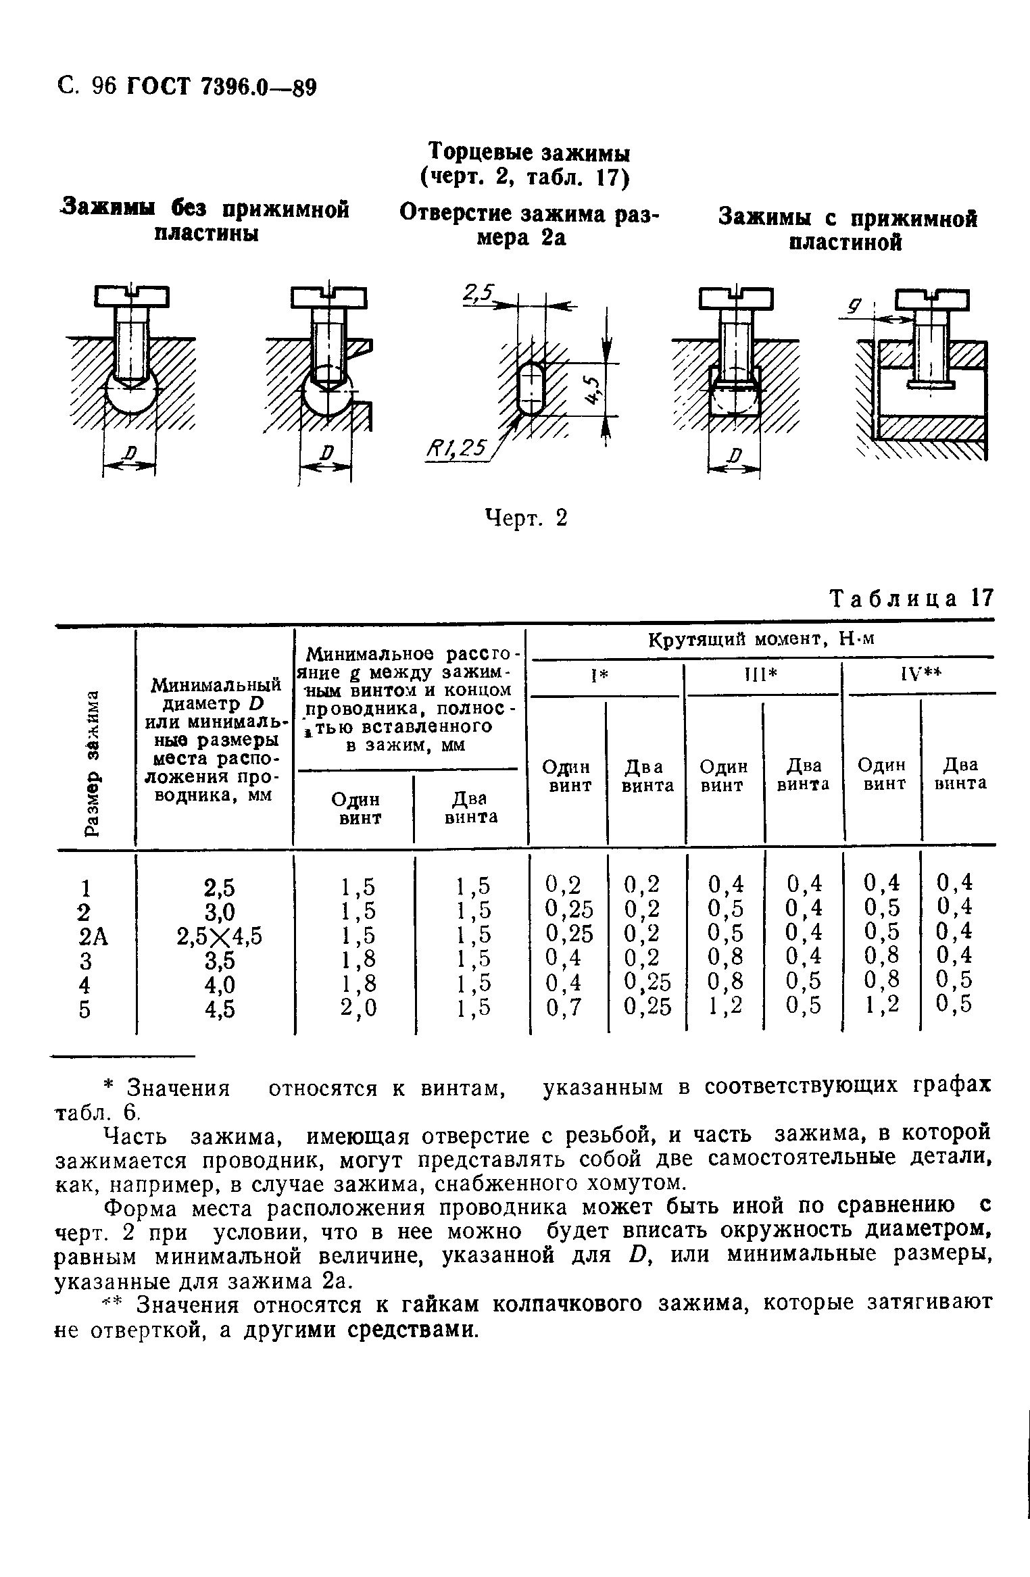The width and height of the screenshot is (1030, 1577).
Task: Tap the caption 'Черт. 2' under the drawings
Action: (526, 518)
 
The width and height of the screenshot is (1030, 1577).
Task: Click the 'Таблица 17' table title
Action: (912, 599)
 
